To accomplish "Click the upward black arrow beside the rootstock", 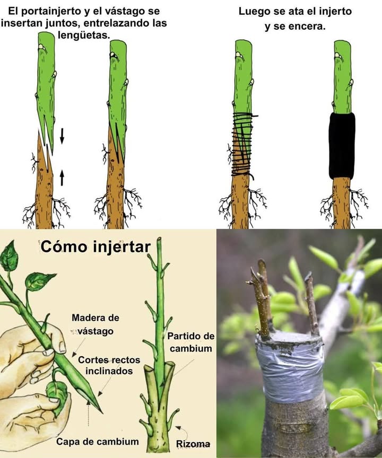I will click(x=62, y=177).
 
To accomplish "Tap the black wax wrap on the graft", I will click(x=342, y=145).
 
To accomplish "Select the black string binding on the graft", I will click(x=243, y=143).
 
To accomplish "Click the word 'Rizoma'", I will click(x=193, y=444).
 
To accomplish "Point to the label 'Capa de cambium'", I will click(x=98, y=441).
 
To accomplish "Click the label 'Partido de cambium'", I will click(x=190, y=342).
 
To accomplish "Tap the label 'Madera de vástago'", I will click(x=95, y=324).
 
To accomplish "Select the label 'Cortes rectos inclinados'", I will click(x=105, y=365).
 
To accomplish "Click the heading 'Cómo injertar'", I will click(x=95, y=246).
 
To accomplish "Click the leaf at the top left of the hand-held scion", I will click(x=10, y=258).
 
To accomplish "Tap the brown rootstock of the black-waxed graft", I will click(x=342, y=201).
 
